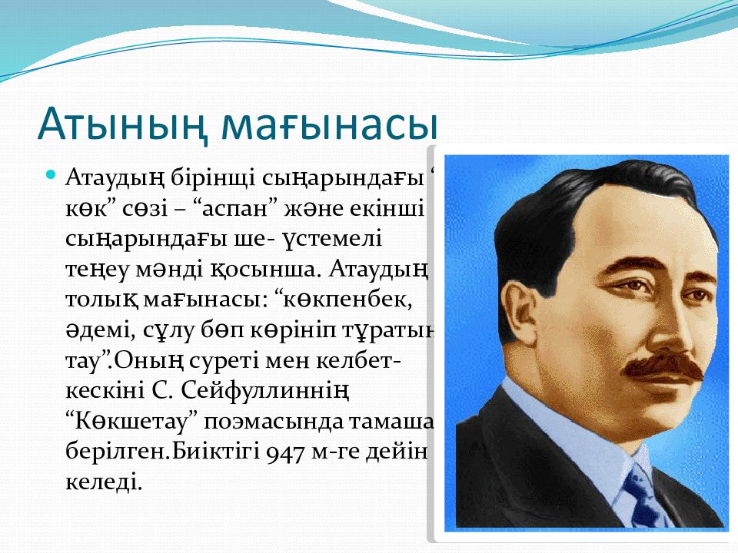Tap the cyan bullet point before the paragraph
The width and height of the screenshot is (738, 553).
(x=52, y=175)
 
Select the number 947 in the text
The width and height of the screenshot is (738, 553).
(x=285, y=452)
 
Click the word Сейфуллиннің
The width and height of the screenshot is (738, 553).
(x=265, y=391)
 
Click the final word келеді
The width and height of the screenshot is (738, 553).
(x=104, y=482)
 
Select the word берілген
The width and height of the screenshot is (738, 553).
(x=118, y=452)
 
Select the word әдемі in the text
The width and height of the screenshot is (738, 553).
(x=97, y=330)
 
